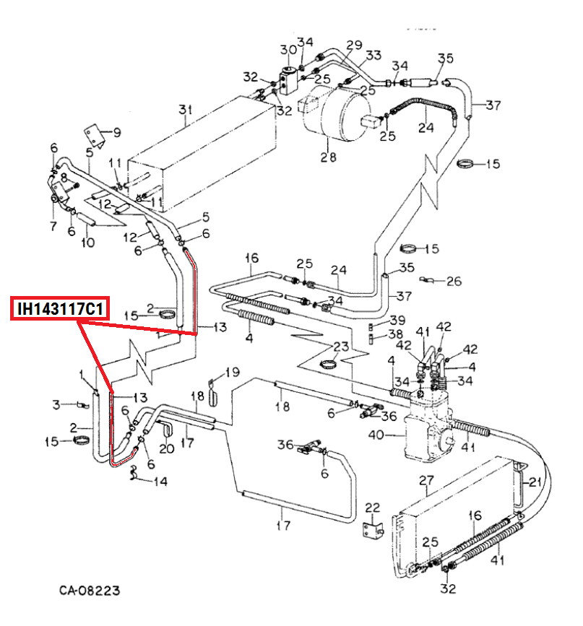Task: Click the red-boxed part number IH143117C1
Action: coord(60,308)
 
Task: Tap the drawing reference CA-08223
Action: coord(90,591)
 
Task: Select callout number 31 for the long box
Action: coord(186,109)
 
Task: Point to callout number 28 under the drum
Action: coord(328,157)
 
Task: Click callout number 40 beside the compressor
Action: coord(376,435)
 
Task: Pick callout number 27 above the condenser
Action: coord(426,480)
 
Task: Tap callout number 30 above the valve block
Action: coord(288,50)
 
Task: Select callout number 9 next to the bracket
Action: coord(117,132)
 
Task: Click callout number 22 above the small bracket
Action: coord(373,508)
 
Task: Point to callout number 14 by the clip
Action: coord(160,482)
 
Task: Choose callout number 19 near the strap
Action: coord(232,372)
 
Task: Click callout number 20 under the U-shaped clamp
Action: coord(167,448)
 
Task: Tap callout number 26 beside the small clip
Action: coord(454,281)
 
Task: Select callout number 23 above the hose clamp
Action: coord(341,346)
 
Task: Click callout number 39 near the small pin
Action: coord(397,320)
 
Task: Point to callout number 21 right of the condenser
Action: coord(535,482)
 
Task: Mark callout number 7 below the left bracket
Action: coord(53,226)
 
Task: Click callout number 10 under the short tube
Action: coord(88,243)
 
